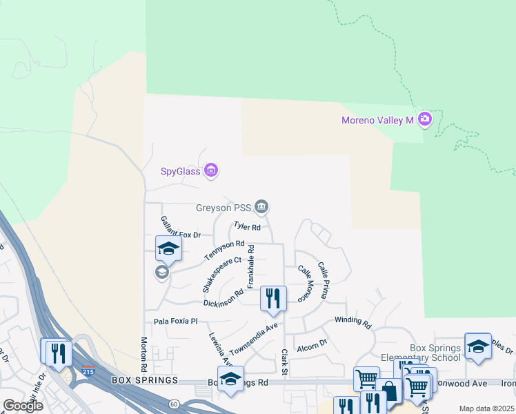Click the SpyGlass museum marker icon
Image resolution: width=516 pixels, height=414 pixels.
tap(212, 170)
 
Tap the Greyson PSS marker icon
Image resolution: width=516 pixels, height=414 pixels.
tap(261, 206)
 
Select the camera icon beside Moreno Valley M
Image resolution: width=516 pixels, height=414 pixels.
tap(424, 120)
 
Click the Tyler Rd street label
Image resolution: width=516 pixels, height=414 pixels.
tap(247, 226)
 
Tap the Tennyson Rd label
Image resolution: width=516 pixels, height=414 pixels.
tap(225, 250)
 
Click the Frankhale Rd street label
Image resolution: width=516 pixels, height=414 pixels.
tap(252, 266)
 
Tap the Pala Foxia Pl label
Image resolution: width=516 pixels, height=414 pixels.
tap(175, 322)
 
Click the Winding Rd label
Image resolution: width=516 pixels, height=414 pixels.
tap(353, 321)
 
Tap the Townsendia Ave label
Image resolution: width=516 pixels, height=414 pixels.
tap(253, 336)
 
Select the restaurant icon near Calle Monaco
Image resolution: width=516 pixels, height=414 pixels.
tap(274, 298)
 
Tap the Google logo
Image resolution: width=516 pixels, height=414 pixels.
tap(23, 406)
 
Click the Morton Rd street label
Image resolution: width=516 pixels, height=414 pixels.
tap(146, 352)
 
